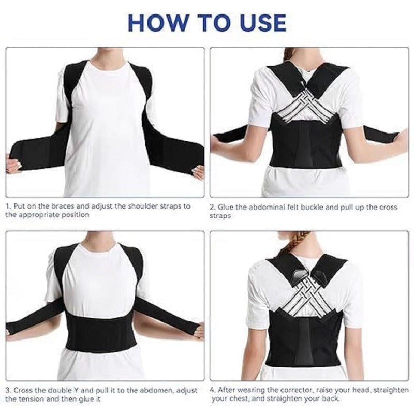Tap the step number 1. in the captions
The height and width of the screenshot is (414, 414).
(8, 206)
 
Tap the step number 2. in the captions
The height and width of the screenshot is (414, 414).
(212, 207)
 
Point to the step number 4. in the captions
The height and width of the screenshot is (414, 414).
(213, 389)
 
